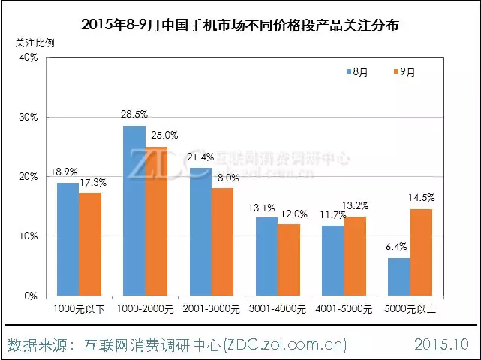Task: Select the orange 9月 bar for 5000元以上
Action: (421, 252)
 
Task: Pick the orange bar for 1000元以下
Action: (90, 244)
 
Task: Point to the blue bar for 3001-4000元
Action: (266, 256)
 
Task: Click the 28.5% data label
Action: (134, 115)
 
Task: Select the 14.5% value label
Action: (422, 198)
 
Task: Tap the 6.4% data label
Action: (398, 247)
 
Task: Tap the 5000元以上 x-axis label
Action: (410, 308)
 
